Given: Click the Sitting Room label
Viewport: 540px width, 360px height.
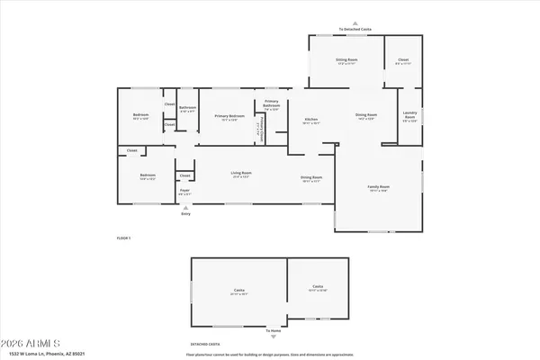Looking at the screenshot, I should point(346,60).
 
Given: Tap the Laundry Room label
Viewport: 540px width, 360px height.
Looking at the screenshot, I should point(409,117).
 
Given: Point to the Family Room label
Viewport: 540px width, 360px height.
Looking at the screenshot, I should point(377,188).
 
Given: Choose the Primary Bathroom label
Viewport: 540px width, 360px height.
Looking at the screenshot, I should point(272,106).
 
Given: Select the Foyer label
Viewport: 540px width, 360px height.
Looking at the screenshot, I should point(184,192).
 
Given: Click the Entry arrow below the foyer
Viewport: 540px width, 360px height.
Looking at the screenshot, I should point(186,206).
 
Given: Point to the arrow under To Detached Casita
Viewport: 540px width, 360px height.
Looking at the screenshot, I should point(355,23).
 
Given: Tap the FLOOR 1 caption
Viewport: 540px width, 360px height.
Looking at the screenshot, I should point(123,238).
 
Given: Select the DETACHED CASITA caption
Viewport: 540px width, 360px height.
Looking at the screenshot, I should point(205,344).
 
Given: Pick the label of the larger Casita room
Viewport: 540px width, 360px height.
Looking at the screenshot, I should point(239,291).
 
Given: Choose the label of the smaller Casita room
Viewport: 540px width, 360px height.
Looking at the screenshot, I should point(318,290).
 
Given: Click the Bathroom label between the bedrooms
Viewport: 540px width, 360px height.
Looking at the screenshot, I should point(187,109).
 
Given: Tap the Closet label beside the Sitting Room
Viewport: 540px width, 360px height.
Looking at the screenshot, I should point(403,60).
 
